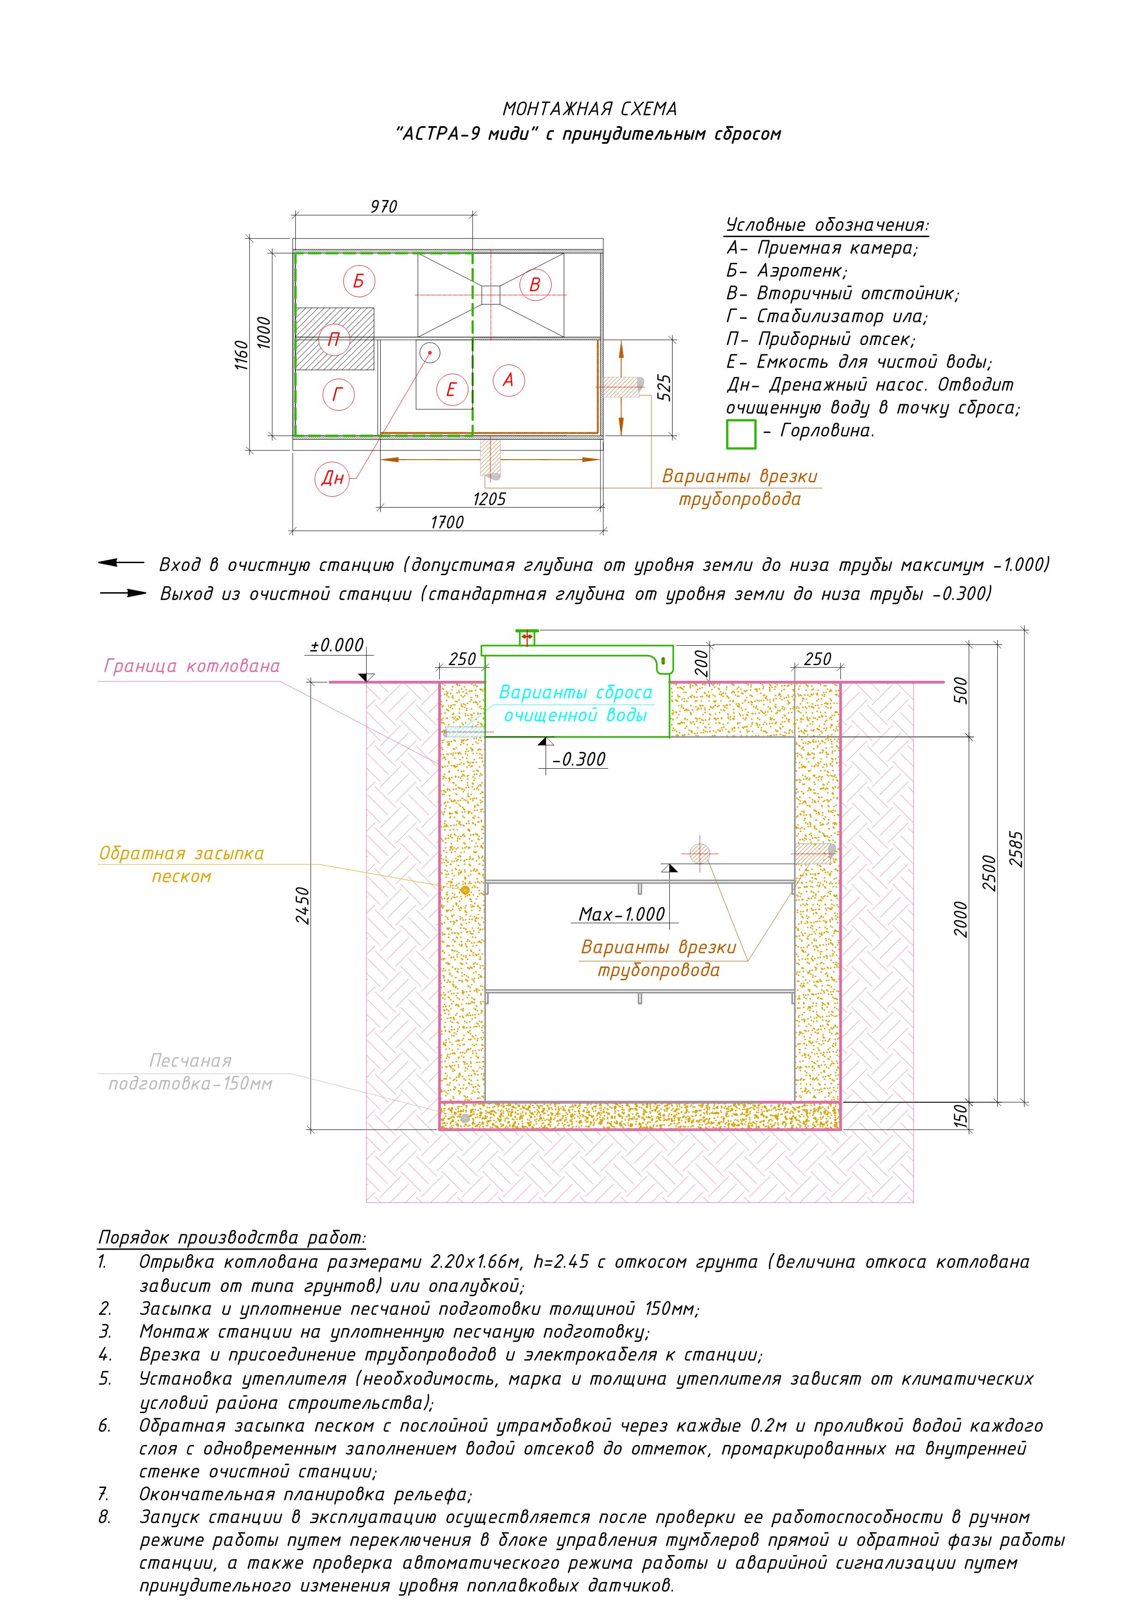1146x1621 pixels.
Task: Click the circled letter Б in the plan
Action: pos(359,281)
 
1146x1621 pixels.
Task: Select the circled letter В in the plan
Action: pos(534,285)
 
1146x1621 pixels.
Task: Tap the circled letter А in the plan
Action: pos(508,380)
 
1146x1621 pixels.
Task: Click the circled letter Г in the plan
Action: pos(338,395)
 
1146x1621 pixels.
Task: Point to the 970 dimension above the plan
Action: pos(383,207)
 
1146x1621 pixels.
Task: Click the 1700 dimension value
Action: pos(447,522)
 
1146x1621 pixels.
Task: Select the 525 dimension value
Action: pos(664,388)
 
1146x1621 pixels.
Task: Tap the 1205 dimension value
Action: pos(489,499)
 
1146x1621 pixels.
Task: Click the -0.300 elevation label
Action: pos(579,759)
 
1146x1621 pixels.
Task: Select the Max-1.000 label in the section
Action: pos(621,914)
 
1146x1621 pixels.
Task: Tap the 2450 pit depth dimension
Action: pos(302,906)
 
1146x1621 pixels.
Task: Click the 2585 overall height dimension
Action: pos(1016,849)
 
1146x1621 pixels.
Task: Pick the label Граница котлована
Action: pos(191,666)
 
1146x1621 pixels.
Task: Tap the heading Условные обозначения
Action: pos(827,225)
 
